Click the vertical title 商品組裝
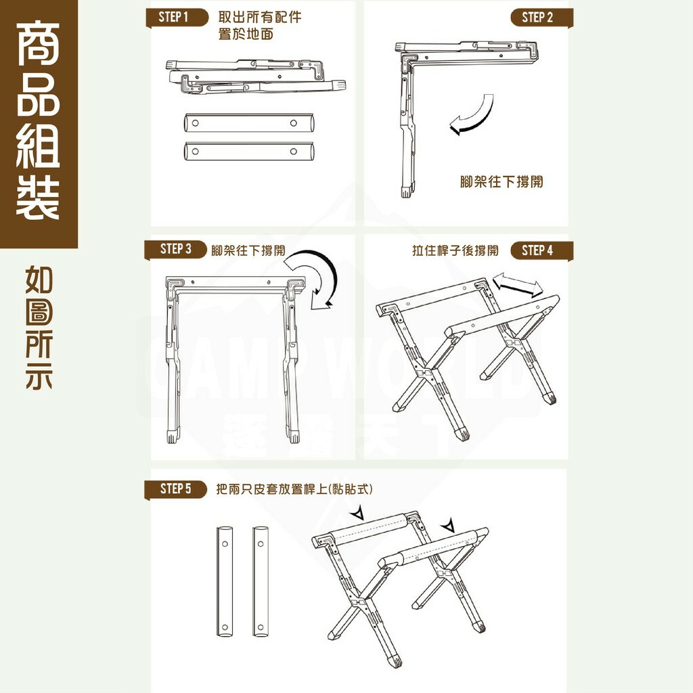pos(39,122)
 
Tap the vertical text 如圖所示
pos(39,328)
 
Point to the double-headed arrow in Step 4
pos(518,284)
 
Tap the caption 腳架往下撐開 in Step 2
pos(501,182)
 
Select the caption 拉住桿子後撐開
pos(455,250)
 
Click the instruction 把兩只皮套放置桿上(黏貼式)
pos(294,489)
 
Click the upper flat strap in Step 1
pos(248,123)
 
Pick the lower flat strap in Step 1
pos(248,151)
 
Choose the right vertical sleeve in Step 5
pos(261,580)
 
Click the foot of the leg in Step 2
pos(405,191)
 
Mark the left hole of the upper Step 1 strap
pos(196,123)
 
